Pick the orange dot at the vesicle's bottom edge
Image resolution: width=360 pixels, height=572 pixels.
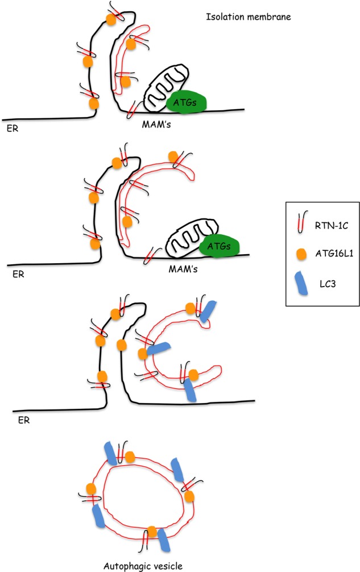[152, 532]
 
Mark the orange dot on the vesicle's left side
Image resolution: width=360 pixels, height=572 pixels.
[90, 488]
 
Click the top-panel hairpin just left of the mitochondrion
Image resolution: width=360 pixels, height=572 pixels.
[134, 106]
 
